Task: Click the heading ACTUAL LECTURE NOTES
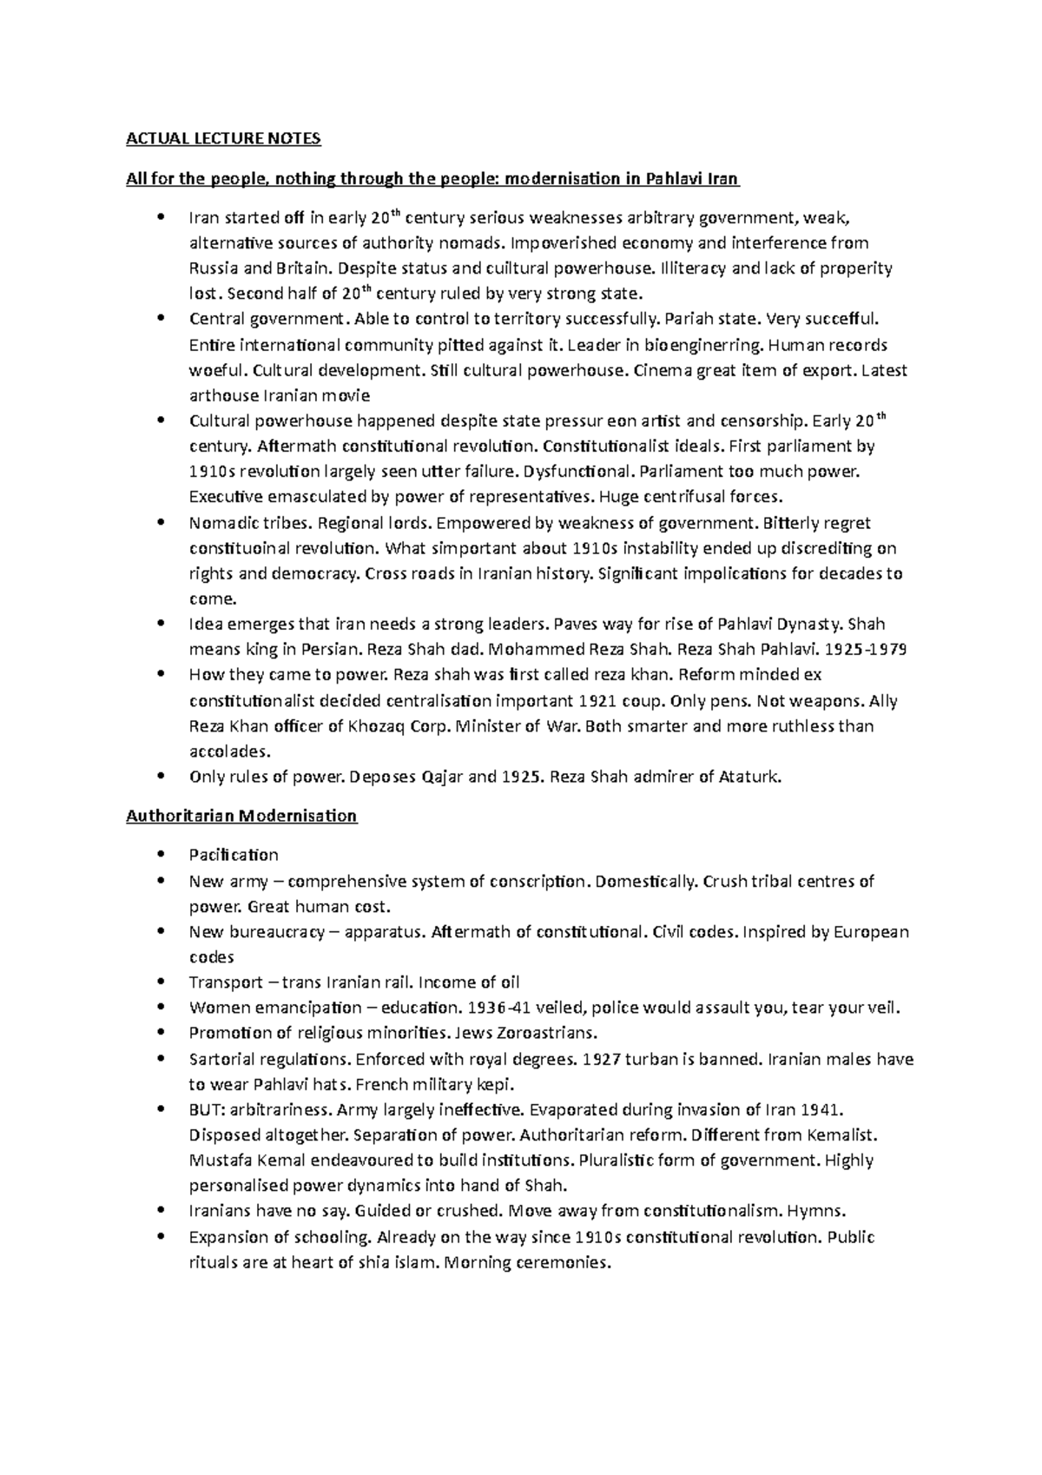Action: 223,138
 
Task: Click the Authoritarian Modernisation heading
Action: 241,816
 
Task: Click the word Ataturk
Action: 750,777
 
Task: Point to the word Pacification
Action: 234,855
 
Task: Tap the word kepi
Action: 494,1084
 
